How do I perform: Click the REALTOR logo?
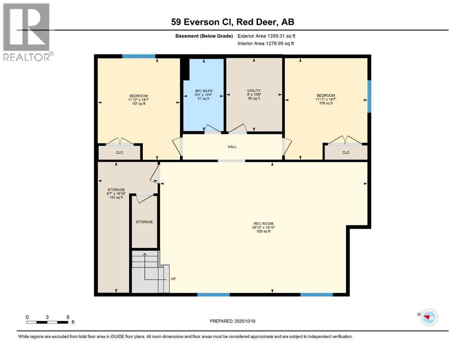click(26, 32)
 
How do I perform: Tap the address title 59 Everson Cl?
click(232, 22)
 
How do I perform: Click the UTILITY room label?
click(254, 90)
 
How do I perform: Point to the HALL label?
click(232, 147)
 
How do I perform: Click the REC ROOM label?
click(263, 224)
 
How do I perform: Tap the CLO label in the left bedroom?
click(119, 152)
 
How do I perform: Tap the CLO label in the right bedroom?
click(346, 152)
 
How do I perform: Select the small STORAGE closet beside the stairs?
click(144, 222)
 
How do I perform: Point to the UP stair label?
click(173, 279)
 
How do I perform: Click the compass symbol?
click(428, 317)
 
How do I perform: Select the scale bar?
click(48, 322)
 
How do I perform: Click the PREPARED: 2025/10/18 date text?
click(233, 321)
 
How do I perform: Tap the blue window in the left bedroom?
click(139, 56)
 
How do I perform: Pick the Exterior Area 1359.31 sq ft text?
click(266, 36)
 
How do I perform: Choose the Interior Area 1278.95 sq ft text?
click(266, 44)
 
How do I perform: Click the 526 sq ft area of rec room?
click(263, 231)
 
